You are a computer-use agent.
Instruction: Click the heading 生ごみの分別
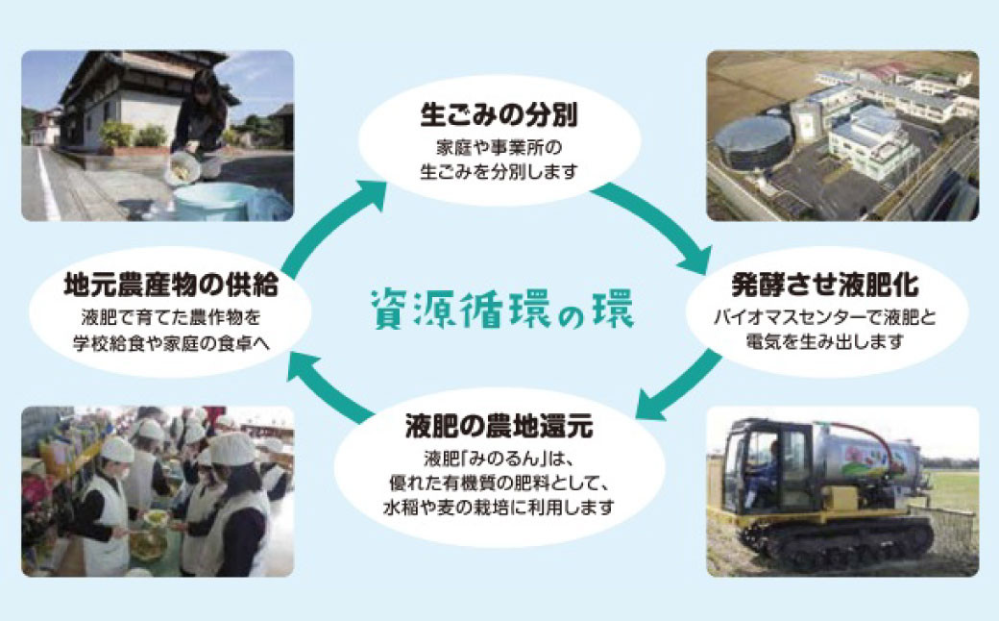499,116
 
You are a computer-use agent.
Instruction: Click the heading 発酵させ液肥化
825,286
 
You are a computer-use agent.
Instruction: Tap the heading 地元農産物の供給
170,286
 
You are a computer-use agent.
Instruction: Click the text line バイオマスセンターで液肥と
825,316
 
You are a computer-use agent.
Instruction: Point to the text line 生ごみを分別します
499,172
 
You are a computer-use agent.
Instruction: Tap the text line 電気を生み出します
825,340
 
